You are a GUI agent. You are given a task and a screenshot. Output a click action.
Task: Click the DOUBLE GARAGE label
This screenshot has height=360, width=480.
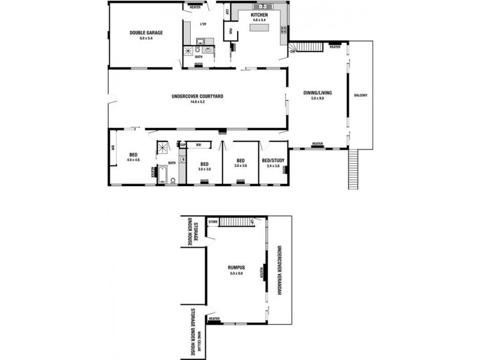146,33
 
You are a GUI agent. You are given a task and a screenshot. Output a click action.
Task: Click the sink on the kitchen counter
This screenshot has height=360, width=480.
262,7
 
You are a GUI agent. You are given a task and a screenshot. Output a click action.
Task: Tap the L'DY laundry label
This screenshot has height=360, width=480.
203,24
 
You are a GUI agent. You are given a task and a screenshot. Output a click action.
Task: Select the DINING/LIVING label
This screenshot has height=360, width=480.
317,93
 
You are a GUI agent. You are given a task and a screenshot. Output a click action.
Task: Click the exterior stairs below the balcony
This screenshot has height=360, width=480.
353,168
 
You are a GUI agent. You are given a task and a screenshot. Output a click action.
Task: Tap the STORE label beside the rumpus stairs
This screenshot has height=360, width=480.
212,222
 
